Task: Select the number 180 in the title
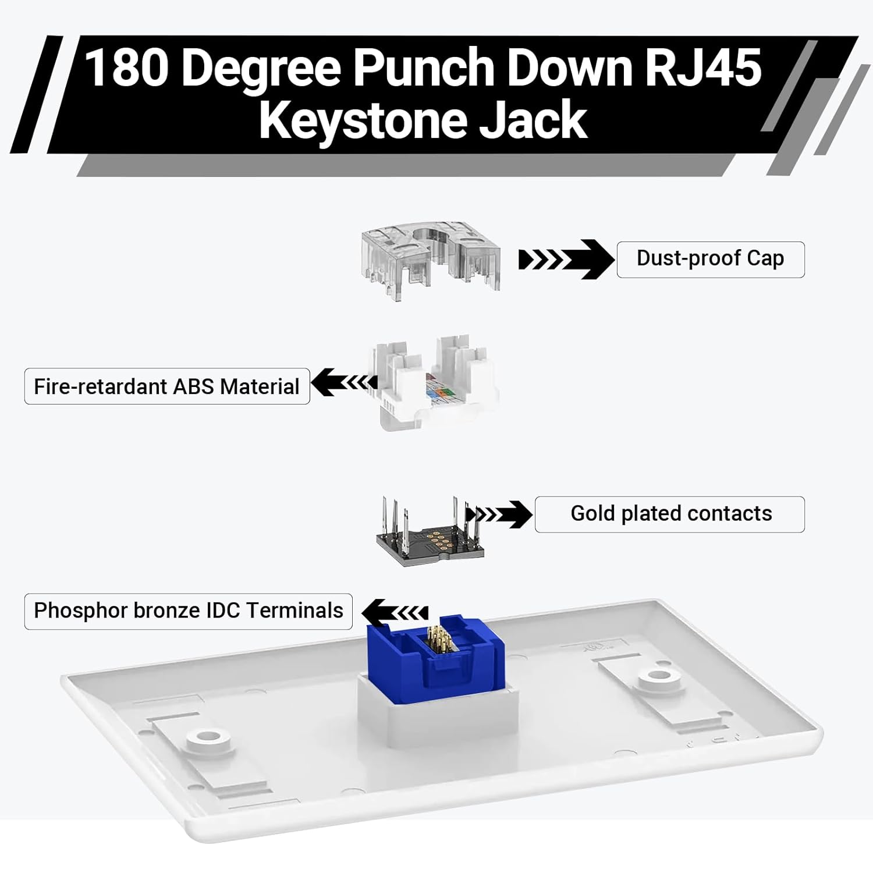(x=127, y=68)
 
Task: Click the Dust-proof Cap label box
(x=710, y=259)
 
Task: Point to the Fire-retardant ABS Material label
(x=167, y=386)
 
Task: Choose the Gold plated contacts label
(x=670, y=514)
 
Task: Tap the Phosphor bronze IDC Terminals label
(x=189, y=611)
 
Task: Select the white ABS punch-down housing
(x=434, y=382)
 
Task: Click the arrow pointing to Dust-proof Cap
(x=566, y=260)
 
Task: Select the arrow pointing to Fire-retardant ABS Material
(x=344, y=382)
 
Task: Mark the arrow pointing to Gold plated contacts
(x=499, y=514)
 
